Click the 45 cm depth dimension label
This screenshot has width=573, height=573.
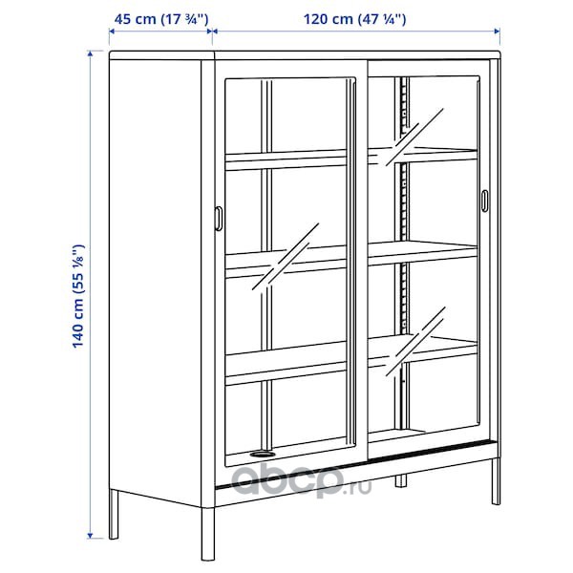click(x=161, y=19)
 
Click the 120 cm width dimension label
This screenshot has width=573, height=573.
click(x=355, y=19)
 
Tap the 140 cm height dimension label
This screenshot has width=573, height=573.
click(x=78, y=296)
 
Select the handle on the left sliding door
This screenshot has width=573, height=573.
click(x=218, y=219)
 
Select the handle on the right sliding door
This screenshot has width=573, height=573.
click(x=484, y=201)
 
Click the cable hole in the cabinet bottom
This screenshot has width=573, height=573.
click(x=263, y=455)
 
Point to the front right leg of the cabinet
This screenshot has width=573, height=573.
click(x=496, y=482)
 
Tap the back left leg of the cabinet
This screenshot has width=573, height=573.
click(x=114, y=514)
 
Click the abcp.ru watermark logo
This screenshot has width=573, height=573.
click(x=302, y=479)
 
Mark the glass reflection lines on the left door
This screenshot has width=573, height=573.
click(x=286, y=257)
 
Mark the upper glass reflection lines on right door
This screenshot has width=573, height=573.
click(x=414, y=137)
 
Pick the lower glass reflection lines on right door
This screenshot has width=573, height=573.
click(x=415, y=342)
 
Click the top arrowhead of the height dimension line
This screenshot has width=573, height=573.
click(x=91, y=53)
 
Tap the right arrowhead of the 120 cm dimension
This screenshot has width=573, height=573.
click(x=497, y=32)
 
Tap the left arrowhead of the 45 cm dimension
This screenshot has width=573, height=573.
click(x=112, y=32)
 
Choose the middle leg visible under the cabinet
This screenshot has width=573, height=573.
click(x=400, y=480)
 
